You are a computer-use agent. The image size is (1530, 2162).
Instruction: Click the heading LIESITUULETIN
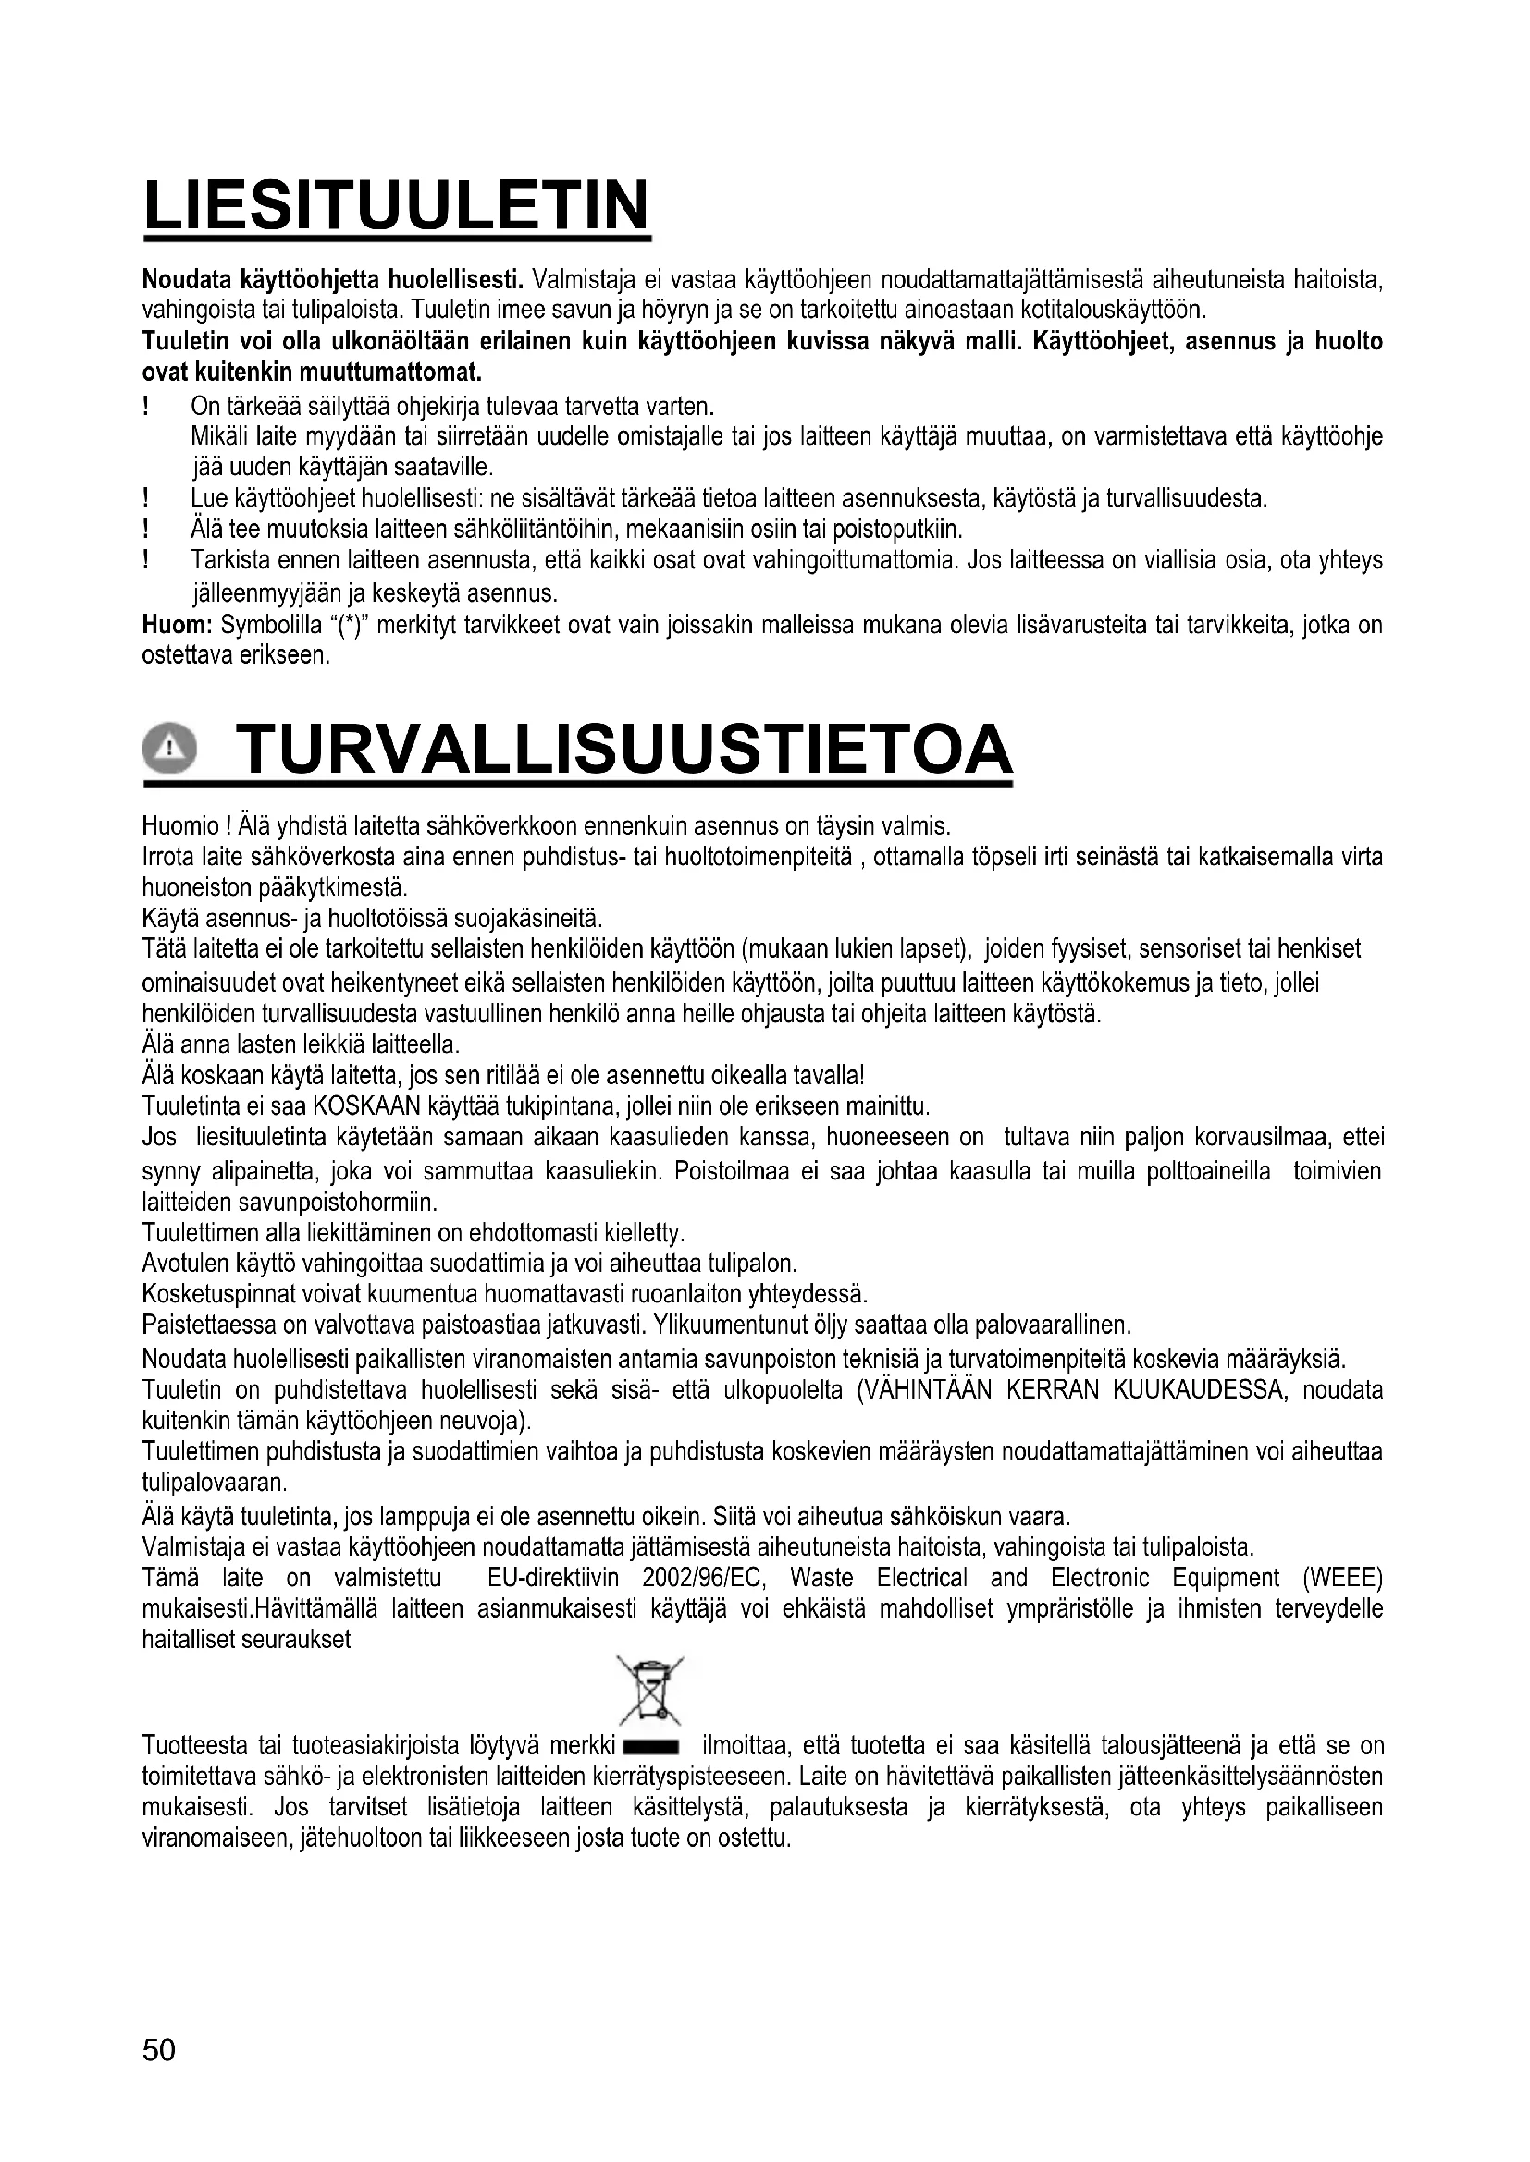(397, 205)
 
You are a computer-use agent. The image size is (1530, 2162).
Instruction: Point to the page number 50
(159, 2049)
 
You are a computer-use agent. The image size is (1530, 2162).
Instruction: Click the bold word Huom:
(176, 624)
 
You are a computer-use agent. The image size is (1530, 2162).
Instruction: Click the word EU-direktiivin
(553, 1577)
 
